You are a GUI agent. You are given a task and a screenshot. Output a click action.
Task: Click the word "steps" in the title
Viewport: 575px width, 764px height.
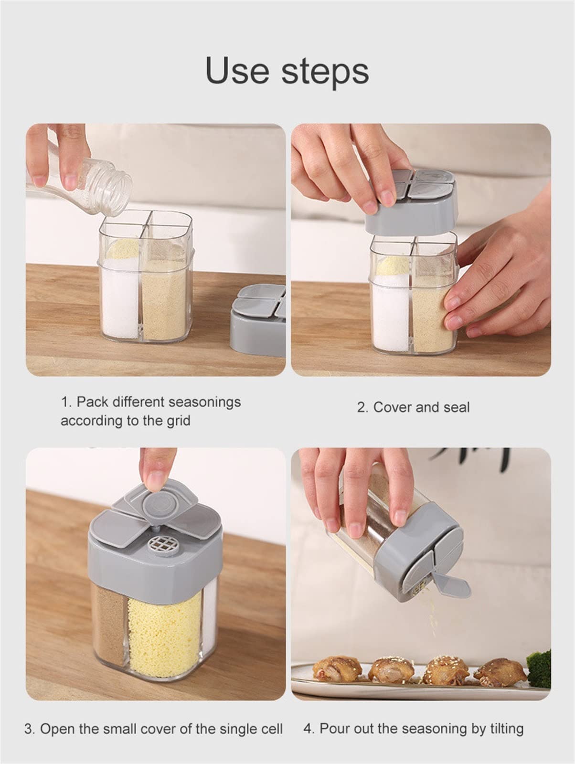[325, 73]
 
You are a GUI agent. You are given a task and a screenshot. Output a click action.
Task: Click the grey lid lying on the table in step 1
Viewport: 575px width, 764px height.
[258, 319]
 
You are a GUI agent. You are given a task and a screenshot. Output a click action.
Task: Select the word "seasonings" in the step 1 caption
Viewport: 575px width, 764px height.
[205, 402]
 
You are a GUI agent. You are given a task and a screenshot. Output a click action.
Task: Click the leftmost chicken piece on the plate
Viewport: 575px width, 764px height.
[337, 669]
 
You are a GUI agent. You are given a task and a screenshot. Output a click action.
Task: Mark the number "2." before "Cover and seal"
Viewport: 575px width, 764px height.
[362, 407]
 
